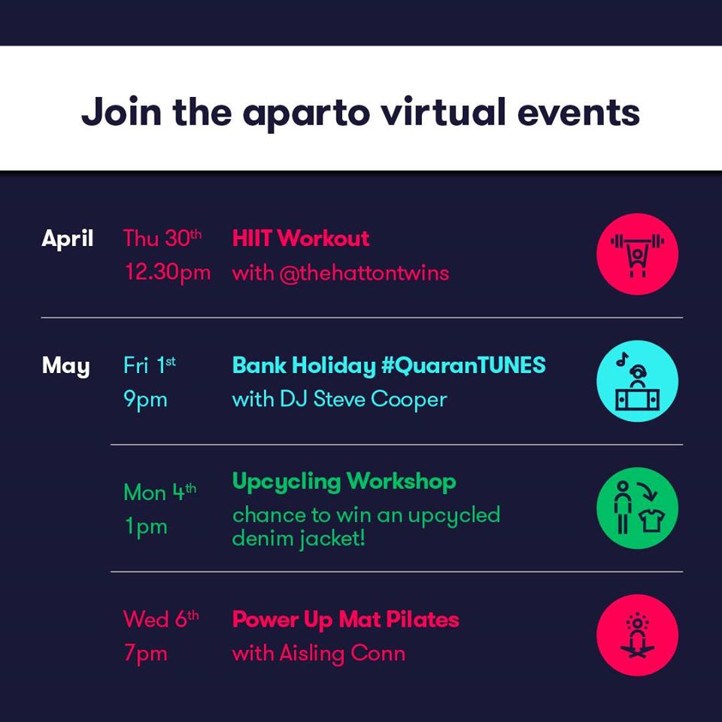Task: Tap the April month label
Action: click(x=68, y=239)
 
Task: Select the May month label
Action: click(x=66, y=366)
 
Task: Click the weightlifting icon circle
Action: click(x=637, y=253)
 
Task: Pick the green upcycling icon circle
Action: click(x=637, y=508)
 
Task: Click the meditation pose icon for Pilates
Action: click(x=637, y=636)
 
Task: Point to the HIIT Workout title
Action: click(x=301, y=238)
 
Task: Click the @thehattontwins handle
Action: click(x=364, y=274)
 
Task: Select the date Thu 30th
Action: click(x=162, y=238)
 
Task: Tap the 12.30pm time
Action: click(x=168, y=272)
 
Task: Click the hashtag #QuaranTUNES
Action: click(x=463, y=366)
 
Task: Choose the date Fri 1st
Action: click(x=149, y=366)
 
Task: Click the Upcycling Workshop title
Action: click(x=344, y=482)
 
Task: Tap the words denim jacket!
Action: click(x=299, y=538)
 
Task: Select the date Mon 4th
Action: click(x=159, y=492)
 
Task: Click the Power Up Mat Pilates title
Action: click(x=346, y=620)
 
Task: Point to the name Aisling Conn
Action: click(x=343, y=654)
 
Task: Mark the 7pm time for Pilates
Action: click(x=145, y=654)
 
